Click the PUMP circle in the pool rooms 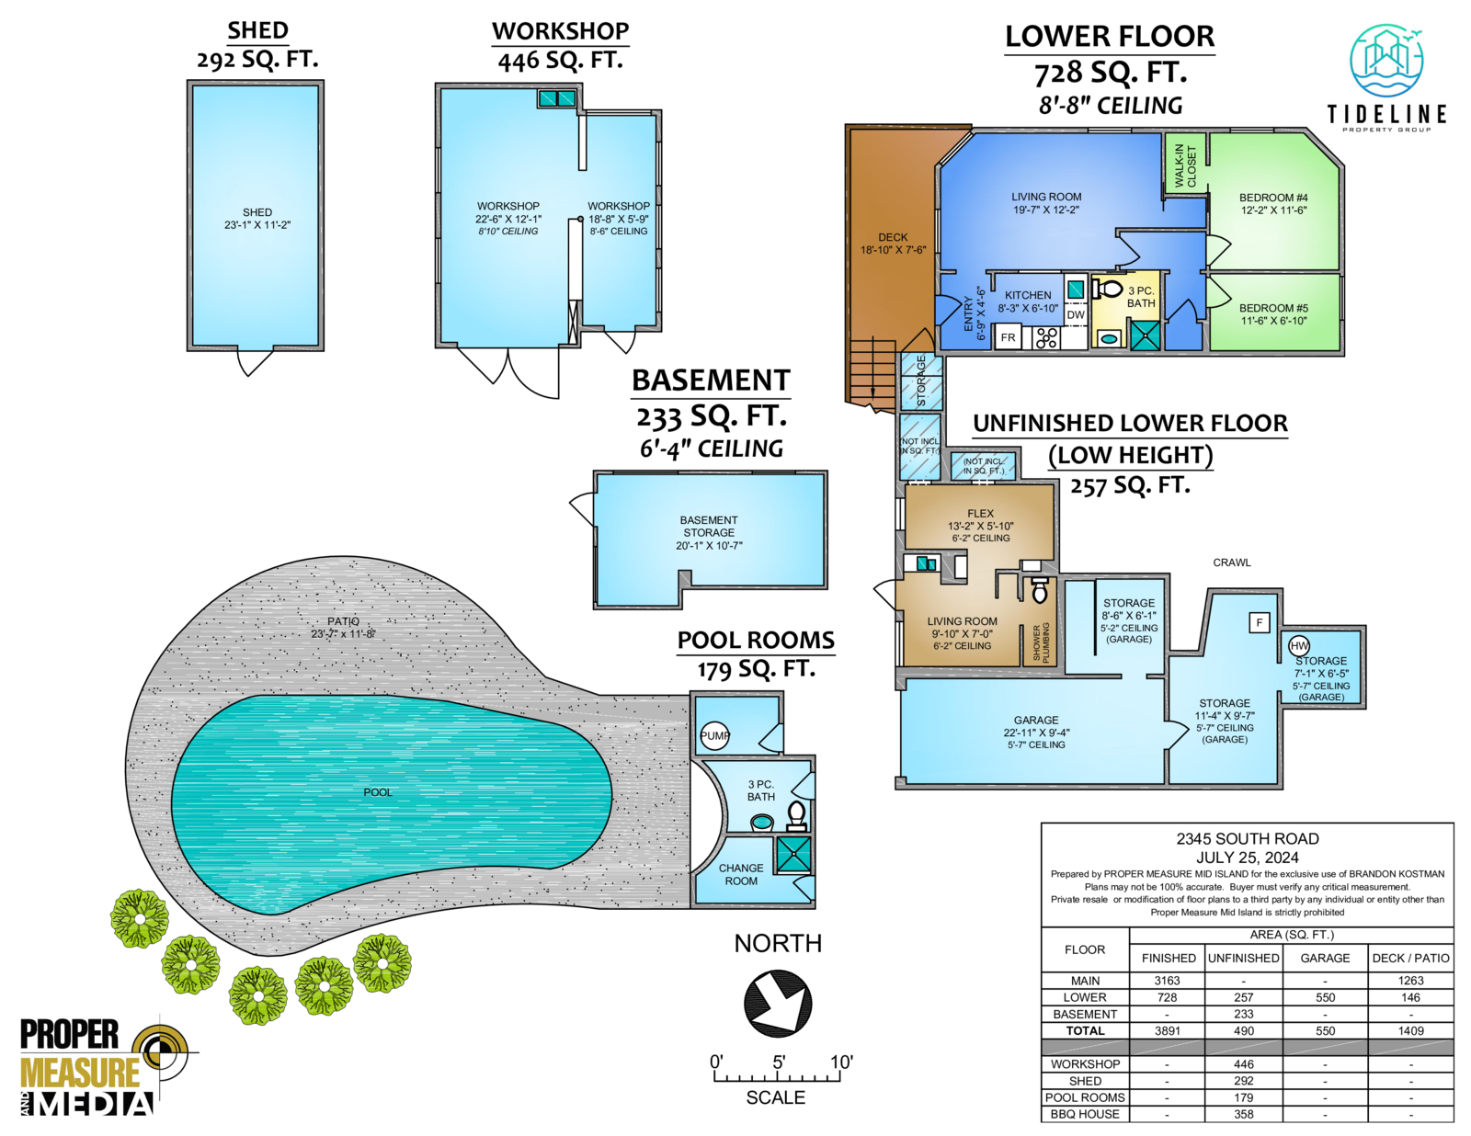(715, 735)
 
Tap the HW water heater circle (1299, 645)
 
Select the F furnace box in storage (1260, 622)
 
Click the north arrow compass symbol (778, 1004)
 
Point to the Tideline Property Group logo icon (1386, 61)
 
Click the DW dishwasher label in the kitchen (1076, 314)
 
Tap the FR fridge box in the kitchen (1008, 337)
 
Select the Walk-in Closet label (1186, 165)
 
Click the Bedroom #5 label (1273, 314)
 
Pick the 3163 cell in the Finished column (1167, 981)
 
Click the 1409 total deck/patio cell (1410, 1031)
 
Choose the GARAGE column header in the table (1325, 958)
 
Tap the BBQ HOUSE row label (1085, 1114)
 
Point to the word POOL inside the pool (378, 792)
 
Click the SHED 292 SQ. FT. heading (257, 45)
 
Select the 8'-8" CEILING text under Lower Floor (1111, 106)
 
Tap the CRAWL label (1231, 562)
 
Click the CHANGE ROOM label (741, 874)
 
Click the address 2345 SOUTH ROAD (1247, 839)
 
